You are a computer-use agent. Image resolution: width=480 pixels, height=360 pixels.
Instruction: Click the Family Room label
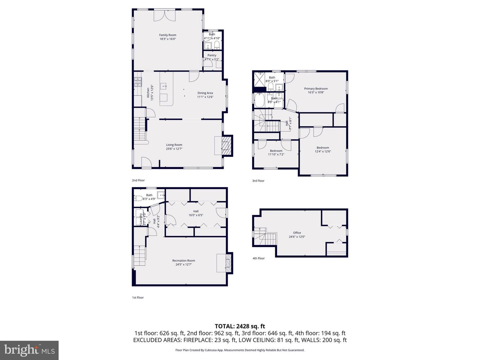coord(167,35)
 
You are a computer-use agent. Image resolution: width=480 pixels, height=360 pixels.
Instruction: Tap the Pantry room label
coord(212,55)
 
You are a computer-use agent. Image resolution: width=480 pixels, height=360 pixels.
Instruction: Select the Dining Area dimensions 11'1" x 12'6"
coord(205,97)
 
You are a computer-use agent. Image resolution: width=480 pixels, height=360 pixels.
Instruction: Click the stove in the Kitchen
coord(138,82)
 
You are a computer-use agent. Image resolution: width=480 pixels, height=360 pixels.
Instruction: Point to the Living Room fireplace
coord(227,146)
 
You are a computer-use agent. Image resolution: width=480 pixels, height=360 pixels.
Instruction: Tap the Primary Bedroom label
coord(316,89)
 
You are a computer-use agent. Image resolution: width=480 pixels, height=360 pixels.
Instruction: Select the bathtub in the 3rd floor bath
coord(260,99)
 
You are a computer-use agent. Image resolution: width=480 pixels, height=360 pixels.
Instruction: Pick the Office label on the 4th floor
coord(297,233)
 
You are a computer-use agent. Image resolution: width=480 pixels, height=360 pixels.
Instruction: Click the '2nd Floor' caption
coord(138,180)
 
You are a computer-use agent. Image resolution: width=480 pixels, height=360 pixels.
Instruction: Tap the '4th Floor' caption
coord(258,258)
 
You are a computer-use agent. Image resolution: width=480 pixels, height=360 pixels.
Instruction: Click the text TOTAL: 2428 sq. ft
coord(240,326)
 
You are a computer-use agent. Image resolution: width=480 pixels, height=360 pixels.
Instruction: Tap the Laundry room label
coord(141,219)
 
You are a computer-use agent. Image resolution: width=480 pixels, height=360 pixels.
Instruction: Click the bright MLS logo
coord(29,350)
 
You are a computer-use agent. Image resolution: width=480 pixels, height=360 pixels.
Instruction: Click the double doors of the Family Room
coord(164,16)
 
